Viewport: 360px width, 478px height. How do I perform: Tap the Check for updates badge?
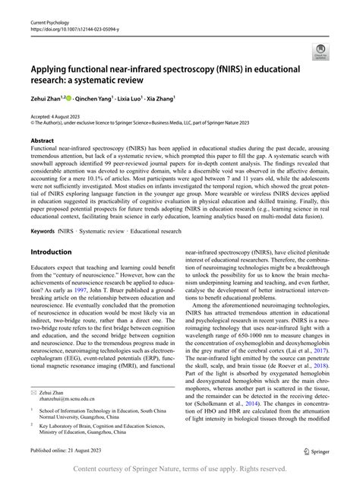pyautogui.click(x=319, y=52)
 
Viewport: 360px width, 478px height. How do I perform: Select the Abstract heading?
pyautogui.click(x=42, y=141)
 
